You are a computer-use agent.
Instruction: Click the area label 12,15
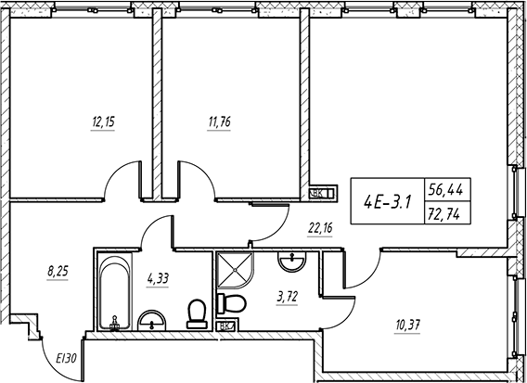tap(103, 122)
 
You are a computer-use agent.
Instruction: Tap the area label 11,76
tap(219, 122)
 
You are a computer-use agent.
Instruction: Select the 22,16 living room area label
tap(320, 228)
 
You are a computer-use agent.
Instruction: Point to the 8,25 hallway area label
tap(58, 272)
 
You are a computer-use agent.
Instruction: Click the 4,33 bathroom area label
tap(158, 278)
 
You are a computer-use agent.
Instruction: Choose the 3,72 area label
tap(287, 297)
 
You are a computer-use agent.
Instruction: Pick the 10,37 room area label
tap(408, 325)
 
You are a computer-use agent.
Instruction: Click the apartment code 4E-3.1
tap(388, 202)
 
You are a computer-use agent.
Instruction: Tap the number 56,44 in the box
tap(445, 190)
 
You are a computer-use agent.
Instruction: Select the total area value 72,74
tap(443, 213)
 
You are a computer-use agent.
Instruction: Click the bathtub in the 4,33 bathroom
tap(114, 291)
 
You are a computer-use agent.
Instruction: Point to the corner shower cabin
tap(235, 270)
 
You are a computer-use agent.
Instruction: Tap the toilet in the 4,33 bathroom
tap(197, 314)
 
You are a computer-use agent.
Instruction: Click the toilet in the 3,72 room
tap(232, 304)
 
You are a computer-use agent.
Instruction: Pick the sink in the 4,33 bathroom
tap(152, 321)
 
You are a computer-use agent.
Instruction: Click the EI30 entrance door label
tap(66, 359)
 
